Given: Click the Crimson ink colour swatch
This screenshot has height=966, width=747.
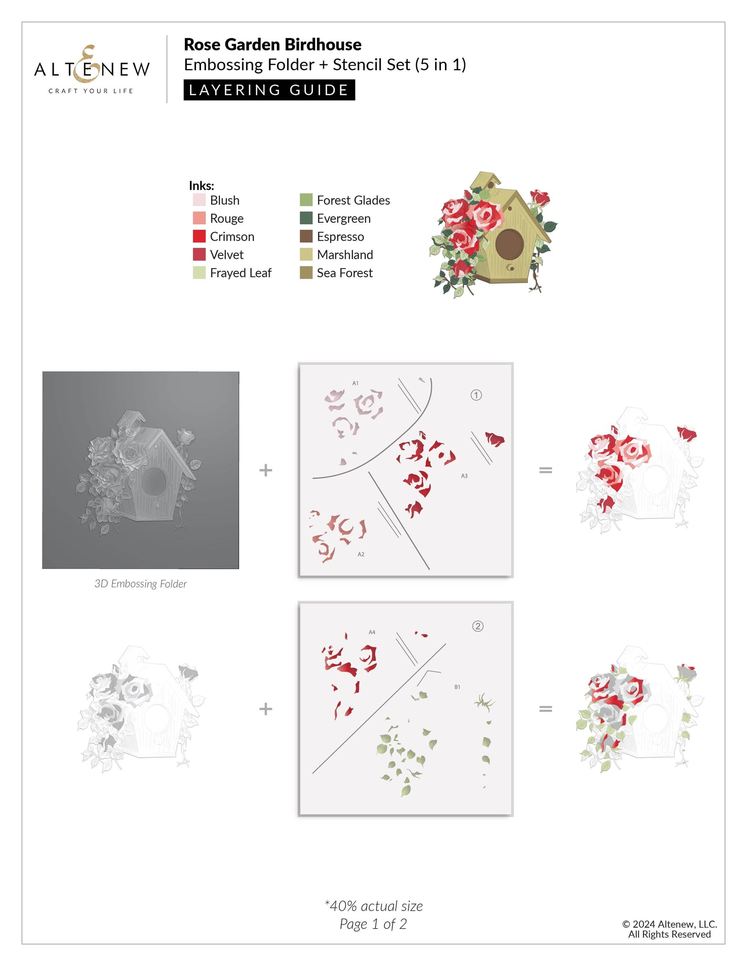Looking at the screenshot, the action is pyautogui.click(x=199, y=236).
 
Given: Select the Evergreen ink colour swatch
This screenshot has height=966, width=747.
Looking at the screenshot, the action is pyautogui.click(x=306, y=218).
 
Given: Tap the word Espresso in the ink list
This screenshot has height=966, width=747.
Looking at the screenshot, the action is pyautogui.click(x=340, y=237).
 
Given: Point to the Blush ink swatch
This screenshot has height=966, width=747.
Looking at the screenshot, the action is pyautogui.click(x=199, y=200).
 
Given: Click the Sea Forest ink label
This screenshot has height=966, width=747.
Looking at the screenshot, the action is pyautogui.click(x=345, y=273).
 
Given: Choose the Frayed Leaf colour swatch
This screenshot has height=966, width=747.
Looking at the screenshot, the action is pyautogui.click(x=199, y=273).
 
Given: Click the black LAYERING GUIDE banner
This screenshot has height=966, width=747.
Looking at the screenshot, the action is pyautogui.click(x=269, y=90).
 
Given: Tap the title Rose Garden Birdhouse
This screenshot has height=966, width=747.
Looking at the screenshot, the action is pyautogui.click(x=272, y=45).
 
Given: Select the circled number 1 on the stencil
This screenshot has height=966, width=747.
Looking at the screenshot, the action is pyautogui.click(x=476, y=395).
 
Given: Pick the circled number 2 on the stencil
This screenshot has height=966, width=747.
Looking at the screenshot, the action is pyautogui.click(x=478, y=626).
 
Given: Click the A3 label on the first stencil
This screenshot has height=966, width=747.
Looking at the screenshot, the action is pyautogui.click(x=464, y=476).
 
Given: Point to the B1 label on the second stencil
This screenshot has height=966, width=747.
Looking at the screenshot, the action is pyautogui.click(x=457, y=687).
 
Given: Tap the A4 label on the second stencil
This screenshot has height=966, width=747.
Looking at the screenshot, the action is pyautogui.click(x=372, y=632).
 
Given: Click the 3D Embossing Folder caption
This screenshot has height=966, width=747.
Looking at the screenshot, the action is pyautogui.click(x=141, y=584).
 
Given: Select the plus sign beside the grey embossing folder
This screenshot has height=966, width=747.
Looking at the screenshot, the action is pyautogui.click(x=266, y=470).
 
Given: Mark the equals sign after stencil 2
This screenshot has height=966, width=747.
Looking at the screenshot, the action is pyautogui.click(x=545, y=708).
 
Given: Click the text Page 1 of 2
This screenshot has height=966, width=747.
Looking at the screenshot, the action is pyautogui.click(x=373, y=924).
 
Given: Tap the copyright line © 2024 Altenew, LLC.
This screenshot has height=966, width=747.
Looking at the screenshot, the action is pyautogui.click(x=670, y=924).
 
